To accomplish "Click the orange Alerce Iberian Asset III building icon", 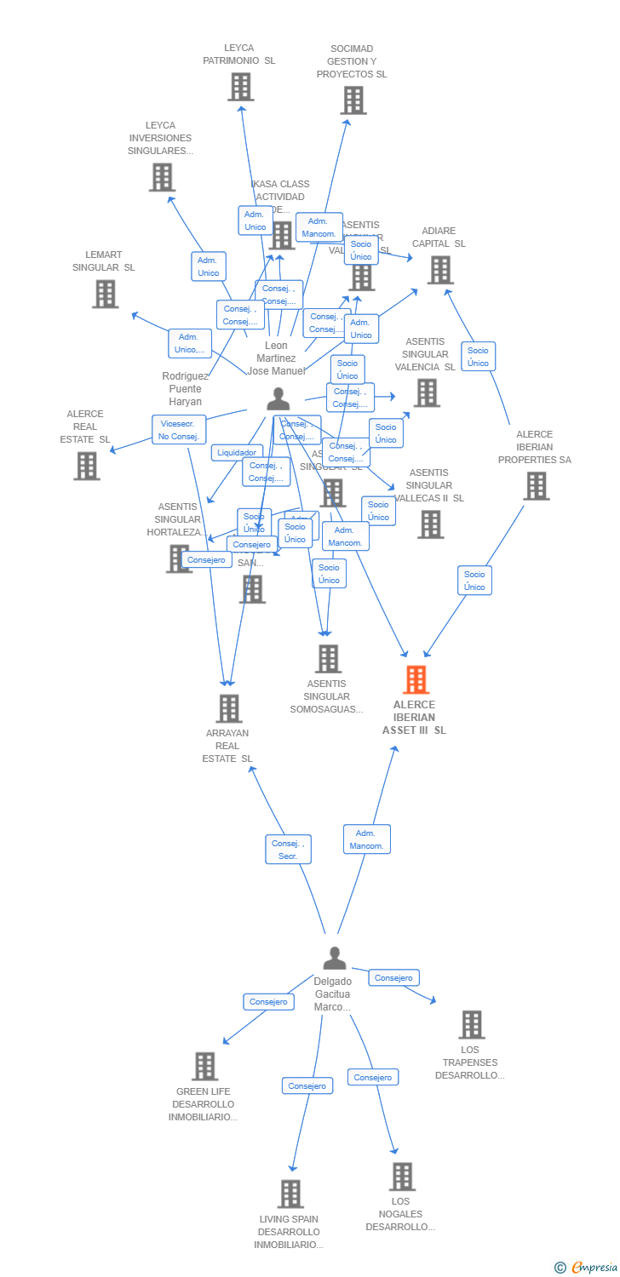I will pos(416,679).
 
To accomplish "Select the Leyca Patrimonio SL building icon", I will pos(240,87).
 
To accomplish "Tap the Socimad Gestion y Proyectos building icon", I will pos(353,100).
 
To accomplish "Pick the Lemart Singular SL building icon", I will pos(106,294).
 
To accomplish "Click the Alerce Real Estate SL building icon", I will pos(86,466).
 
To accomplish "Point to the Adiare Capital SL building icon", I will pos(439,270).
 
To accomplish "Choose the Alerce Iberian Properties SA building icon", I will pos(536,486).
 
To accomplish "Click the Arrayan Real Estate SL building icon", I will pos(228,708).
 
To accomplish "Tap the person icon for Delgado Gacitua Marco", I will pos(335,959).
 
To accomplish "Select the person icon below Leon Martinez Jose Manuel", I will pos(278,398).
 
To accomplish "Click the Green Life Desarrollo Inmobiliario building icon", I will pos(204,1066).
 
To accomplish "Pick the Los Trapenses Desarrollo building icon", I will pos(471,1024).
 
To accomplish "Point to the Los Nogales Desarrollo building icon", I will pos(402,1177).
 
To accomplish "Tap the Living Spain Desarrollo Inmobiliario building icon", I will pos(290,1194).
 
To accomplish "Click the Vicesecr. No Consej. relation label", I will pos(179,430).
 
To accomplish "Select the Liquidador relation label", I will pos(237,453).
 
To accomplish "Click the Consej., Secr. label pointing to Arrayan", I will pos(288,850).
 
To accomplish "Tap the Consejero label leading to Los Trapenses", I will pos(393,978).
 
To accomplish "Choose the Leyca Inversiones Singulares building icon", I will pos(162,177).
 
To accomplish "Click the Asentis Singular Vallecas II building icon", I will pos(430,524).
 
